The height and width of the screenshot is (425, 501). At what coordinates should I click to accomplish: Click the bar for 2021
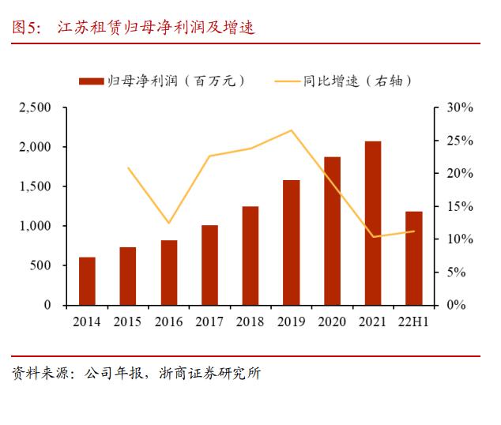[373, 223]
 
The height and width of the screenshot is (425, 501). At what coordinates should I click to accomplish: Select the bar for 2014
[87, 280]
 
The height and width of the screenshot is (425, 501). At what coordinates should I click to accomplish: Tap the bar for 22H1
[413, 258]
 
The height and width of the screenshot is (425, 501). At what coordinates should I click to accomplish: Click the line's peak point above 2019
[291, 130]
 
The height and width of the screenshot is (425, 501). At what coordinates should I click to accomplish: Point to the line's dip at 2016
[168, 224]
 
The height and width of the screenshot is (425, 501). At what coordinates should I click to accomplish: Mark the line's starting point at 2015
[128, 167]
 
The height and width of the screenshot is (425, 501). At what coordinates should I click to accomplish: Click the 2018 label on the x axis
[250, 322]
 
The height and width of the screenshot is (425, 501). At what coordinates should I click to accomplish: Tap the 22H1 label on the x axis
[413, 322]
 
